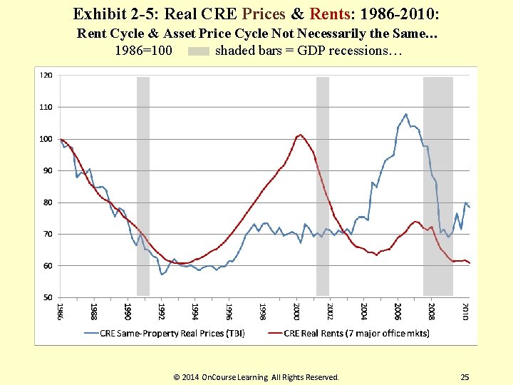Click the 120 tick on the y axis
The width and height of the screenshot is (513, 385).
point(46,75)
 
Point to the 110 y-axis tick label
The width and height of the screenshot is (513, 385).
point(46,107)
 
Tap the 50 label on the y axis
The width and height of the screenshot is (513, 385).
point(46,297)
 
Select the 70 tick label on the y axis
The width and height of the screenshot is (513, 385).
point(46,234)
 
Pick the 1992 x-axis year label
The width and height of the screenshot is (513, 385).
point(161,312)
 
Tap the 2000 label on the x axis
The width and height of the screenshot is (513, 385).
point(296,312)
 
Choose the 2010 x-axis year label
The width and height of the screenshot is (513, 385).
point(465,312)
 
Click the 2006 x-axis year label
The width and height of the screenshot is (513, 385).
point(398,312)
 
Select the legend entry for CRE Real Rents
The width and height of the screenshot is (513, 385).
point(348,333)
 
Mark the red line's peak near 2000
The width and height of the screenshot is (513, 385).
point(300,134)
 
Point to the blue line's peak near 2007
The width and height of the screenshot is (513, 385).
point(406,114)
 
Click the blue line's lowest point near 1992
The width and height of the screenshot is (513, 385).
point(162,274)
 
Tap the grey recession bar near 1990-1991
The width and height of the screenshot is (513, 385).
point(143,185)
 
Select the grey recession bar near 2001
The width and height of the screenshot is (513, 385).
point(323,185)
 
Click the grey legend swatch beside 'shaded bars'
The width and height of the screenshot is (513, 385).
point(199,51)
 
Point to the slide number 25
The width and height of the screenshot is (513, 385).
point(465,377)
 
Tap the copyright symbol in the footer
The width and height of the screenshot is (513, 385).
point(177,377)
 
